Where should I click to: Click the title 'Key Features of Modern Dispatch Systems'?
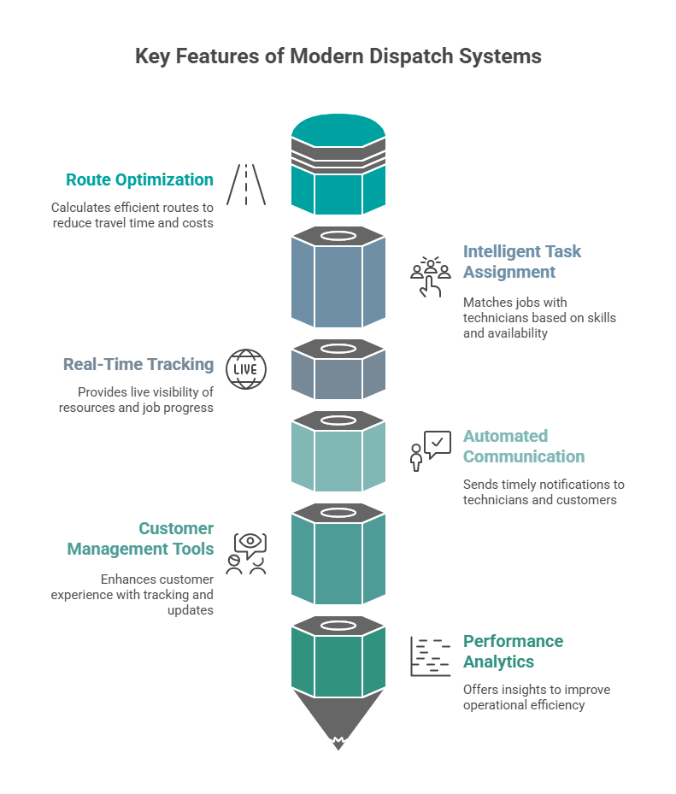[x=338, y=56]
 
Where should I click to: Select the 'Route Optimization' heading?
[x=139, y=179]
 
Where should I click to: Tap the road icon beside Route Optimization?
[x=246, y=184]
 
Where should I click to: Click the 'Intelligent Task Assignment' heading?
[x=521, y=262]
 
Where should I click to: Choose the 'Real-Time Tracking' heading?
[x=138, y=364]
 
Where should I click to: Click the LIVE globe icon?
[x=246, y=369]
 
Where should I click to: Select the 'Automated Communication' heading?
[x=523, y=446]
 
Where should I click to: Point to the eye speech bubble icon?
[x=246, y=553]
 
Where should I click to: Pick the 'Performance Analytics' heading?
[x=513, y=651]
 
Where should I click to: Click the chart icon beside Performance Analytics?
[x=430, y=656]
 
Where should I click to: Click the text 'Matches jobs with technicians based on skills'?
[x=538, y=317]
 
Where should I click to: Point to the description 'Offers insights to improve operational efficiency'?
[x=536, y=697]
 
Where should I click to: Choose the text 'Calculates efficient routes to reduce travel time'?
[x=132, y=215]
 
